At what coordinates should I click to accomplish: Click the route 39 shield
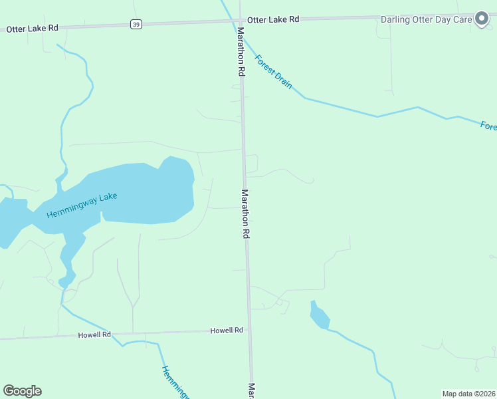[x=136, y=24]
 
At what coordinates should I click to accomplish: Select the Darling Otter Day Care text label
[x=426, y=19]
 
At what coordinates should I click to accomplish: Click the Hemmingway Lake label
[x=82, y=205]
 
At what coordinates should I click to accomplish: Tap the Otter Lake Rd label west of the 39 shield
[x=33, y=29]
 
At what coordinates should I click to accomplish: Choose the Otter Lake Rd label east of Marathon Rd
[x=273, y=20]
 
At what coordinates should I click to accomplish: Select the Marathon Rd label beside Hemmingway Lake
[x=245, y=214]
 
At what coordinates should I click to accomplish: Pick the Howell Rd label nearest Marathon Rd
[x=227, y=330]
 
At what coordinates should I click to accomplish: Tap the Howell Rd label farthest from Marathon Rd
[x=94, y=334]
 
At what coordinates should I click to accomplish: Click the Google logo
[x=22, y=391]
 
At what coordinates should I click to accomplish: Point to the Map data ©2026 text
[x=468, y=394]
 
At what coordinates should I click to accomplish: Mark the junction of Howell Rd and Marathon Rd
[x=249, y=330]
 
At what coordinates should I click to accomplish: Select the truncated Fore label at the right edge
[x=488, y=125]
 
